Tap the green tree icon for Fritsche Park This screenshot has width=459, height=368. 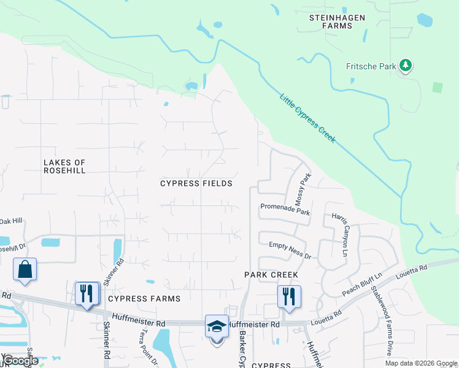point(405,65)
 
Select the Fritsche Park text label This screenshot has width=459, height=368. point(371,66)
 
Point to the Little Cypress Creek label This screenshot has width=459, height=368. point(307,118)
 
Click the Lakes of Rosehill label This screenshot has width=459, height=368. point(64,166)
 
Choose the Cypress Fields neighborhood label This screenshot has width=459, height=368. point(196,183)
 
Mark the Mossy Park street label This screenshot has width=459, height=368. point(304,189)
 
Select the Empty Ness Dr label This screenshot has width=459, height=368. point(290,249)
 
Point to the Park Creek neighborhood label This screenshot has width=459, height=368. point(271,275)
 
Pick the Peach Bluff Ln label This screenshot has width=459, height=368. point(362,283)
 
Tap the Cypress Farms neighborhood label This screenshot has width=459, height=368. point(144,299)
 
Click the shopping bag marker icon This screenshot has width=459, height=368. point(25,269)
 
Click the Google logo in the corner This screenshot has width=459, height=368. point(20,361)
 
